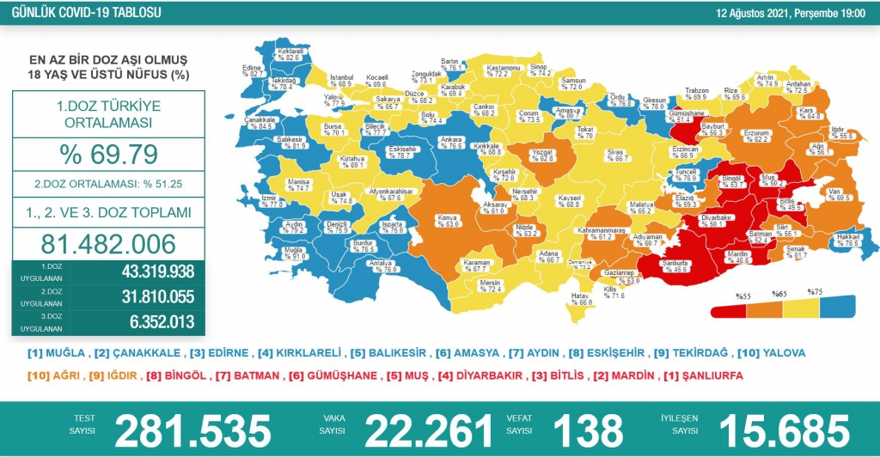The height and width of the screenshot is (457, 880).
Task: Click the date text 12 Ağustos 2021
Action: pos(746,14)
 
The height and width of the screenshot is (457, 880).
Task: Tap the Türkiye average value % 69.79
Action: pos(107,155)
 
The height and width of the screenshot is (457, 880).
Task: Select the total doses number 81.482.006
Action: pos(107,243)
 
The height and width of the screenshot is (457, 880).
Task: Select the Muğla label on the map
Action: pos(298,250)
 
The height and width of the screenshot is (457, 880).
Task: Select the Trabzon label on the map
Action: pos(696,91)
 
